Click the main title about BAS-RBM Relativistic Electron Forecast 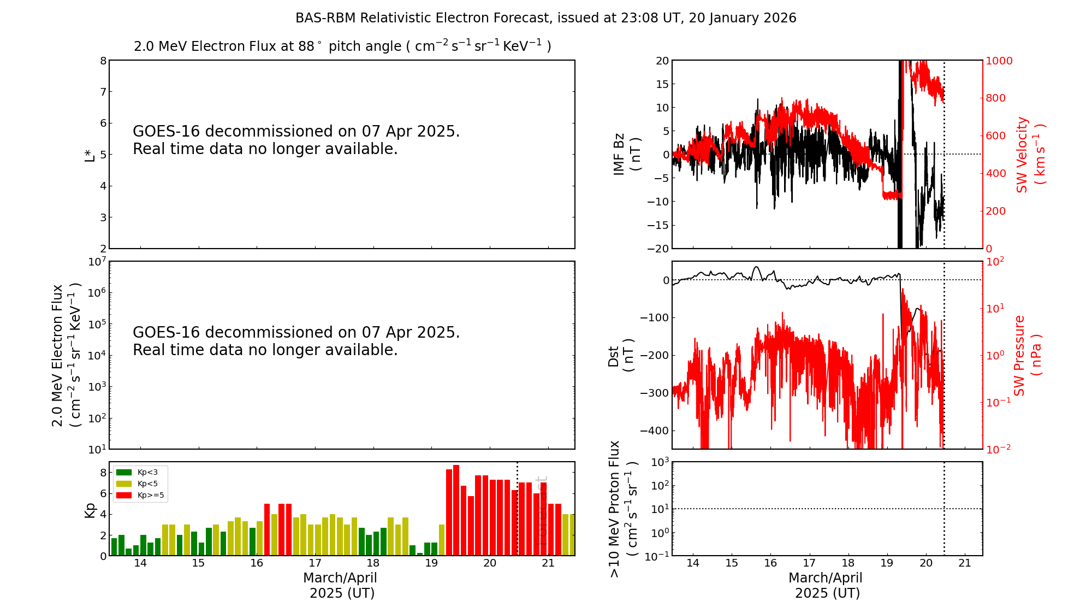[x=545, y=18]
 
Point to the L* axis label [x=89, y=155]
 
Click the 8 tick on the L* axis [x=103, y=61]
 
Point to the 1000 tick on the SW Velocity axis [x=999, y=61]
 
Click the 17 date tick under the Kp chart [x=315, y=563]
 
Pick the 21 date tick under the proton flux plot [x=965, y=563]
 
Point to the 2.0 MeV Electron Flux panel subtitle [x=342, y=46]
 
